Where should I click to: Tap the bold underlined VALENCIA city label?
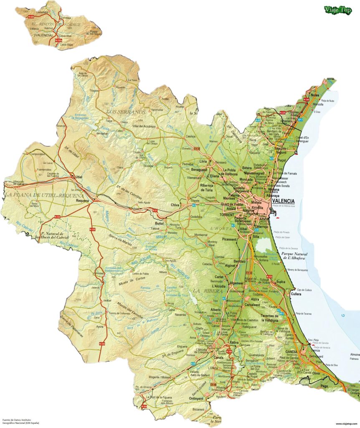pos(283,201)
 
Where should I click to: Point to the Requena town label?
pos(82,201)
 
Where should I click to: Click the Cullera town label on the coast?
pos(296,294)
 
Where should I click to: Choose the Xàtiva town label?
pos(234,343)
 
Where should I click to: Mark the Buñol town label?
pos(154,224)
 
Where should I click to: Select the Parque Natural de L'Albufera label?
pos(300,255)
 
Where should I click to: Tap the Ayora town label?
pos(99,326)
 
